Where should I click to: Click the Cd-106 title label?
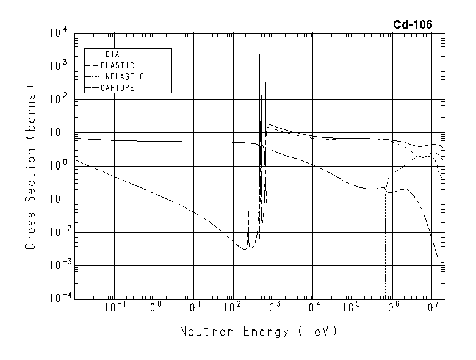tap(413, 24)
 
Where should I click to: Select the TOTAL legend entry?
tap(112, 54)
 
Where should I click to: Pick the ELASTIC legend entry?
tap(117, 65)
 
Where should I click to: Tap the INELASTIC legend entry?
tap(122, 77)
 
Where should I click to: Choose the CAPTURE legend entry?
tap(117, 88)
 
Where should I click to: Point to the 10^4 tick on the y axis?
tap(59, 32)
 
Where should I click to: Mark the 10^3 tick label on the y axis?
tap(59, 65)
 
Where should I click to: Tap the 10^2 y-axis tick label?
tap(59, 98)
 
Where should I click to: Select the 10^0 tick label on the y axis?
tap(59, 165)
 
